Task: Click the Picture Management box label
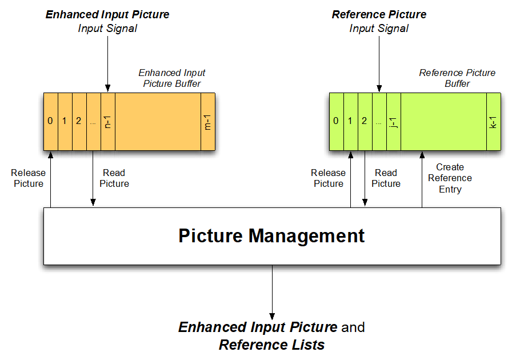[x=271, y=236]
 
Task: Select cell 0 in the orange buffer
[x=50, y=121]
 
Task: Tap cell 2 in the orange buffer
[x=79, y=121]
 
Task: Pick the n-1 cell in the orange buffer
[x=107, y=121]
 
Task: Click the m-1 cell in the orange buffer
[x=207, y=121]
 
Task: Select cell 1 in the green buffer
[x=350, y=121]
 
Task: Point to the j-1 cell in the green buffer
[x=393, y=121]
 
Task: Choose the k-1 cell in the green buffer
[x=494, y=121]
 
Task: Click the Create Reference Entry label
[x=450, y=178]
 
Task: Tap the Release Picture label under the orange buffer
[x=27, y=178]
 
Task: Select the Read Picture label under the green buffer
[x=386, y=178]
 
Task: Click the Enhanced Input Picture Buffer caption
[x=171, y=78]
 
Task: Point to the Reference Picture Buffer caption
[x=457, y=78]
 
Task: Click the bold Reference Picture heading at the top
[x=379, y=14]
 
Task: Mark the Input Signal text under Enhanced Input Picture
[x=107, y=28]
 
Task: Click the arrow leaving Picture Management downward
[x=272, y=291]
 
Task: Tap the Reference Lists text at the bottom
[x=271, y=345]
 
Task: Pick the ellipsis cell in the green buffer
[x=379, y=121]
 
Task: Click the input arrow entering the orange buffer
[x=107, y=63]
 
